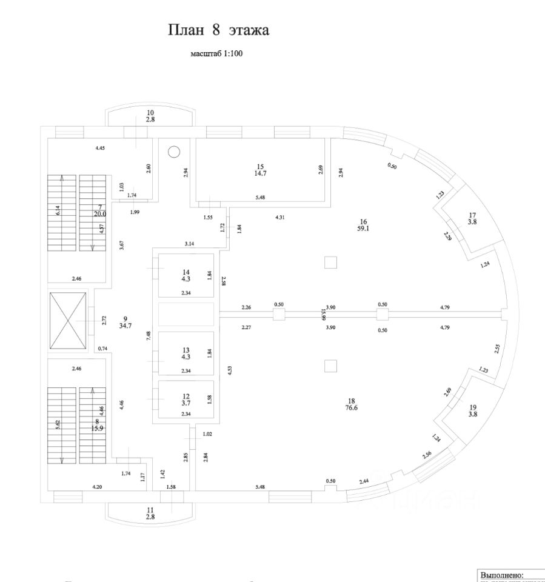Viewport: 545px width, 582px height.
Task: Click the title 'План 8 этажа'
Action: coord(218,30)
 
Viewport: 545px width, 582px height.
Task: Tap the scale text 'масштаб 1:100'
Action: coord(217,54)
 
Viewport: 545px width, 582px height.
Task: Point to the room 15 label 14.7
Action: coord(261,173)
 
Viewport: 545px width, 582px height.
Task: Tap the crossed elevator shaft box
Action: coord(67,321)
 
